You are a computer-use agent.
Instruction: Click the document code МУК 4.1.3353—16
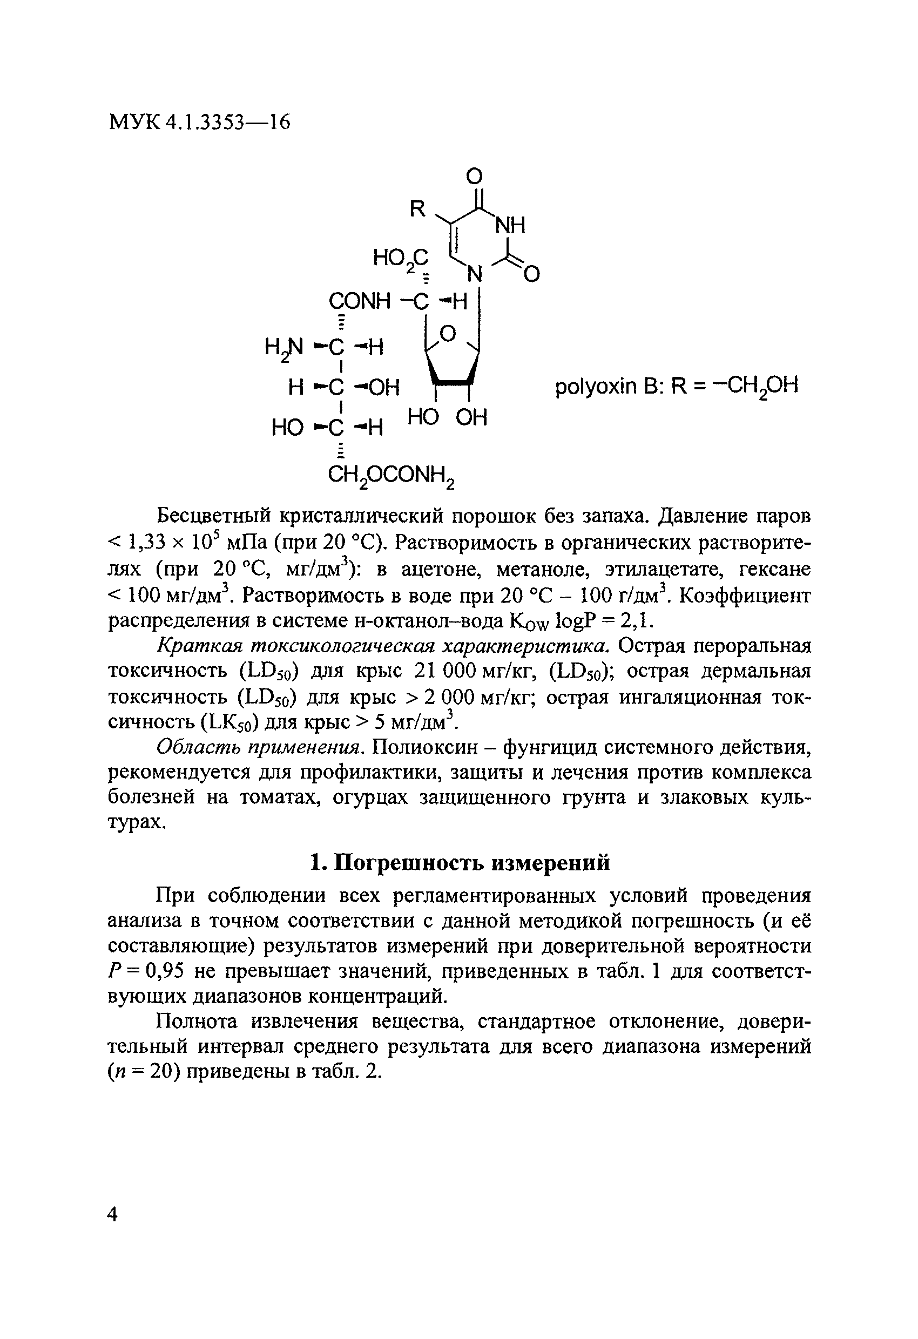[x=199, y=122]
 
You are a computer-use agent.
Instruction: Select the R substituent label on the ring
[x=417, y=208]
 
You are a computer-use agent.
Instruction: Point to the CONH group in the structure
[x=360, y=301]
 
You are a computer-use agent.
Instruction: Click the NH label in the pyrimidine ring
[x=511, y=226]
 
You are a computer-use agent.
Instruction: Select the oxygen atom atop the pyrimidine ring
[x=475, y=175]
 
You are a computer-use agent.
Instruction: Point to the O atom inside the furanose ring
[x=448, y=333]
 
